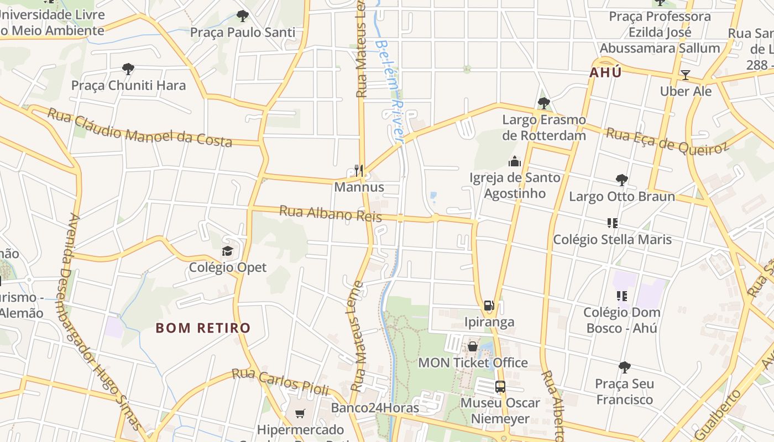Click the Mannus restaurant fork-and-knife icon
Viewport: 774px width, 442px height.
(359, 171)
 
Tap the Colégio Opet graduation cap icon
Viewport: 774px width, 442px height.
(228, 251)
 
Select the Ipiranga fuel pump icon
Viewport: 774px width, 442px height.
(489, 306)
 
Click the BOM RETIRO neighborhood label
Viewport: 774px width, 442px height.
(203, 328)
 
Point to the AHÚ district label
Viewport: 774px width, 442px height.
(605, 72)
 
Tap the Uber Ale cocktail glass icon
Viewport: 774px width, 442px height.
(686, 75)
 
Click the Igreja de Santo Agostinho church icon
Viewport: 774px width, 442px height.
(515, 161)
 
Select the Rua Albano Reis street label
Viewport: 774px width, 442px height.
(330, 213)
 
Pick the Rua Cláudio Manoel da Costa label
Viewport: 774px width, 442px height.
(139, 128)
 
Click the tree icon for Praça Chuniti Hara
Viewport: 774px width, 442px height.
(128, 69)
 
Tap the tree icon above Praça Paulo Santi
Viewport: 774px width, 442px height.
(242, 16)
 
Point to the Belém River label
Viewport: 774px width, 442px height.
(390, 91)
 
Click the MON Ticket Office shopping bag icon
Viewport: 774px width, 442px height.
(473, 346)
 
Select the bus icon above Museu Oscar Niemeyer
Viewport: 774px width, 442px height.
(500, 387)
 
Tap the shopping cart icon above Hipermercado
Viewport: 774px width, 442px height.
(300, 413)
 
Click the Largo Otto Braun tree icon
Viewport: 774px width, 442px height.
(622, 180)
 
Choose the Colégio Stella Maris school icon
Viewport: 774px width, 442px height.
(612, 223)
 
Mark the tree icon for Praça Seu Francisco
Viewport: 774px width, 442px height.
(625, 367)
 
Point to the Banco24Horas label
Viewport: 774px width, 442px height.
(375, 408)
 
